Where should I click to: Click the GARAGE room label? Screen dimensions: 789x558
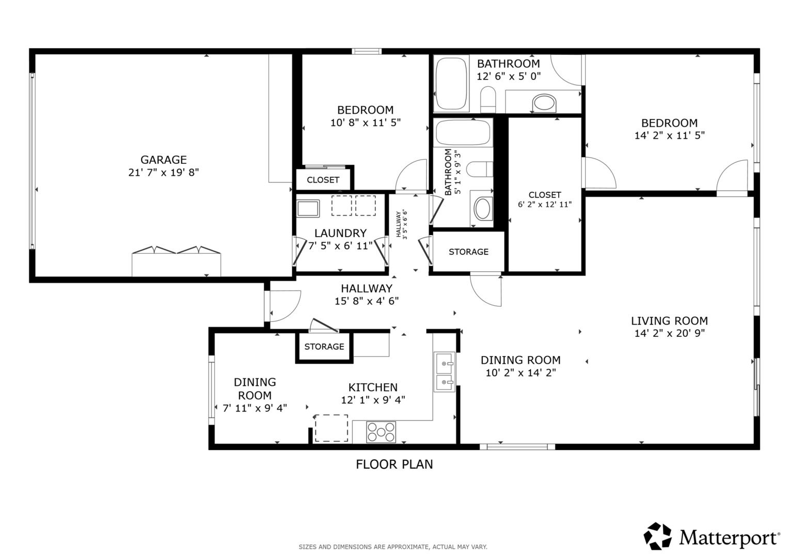(x=164, y=160)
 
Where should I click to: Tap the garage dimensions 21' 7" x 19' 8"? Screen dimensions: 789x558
(x=164, y=173)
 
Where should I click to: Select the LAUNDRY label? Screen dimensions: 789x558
(x=340, y=233)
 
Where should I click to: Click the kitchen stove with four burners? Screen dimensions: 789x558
(x=381, y=432)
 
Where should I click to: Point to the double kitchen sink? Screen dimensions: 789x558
(x=444, y=372)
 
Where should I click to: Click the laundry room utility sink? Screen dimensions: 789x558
(x=308, y=208)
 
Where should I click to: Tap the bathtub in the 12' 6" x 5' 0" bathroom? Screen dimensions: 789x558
(x=451, y=83)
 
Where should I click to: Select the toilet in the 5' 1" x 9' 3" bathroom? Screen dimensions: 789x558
(x=479, y=169)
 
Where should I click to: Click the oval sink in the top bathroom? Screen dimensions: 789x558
(x=545, y=103)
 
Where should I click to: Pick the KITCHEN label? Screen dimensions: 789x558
(x=373, y=388)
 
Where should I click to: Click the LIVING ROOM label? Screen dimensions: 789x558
(x=669, y=321)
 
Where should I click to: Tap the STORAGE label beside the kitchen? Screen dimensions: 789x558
(x=324, y=347)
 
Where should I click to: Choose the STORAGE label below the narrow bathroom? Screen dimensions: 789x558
(x=468, y=252)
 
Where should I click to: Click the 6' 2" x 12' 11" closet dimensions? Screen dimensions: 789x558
(x=545, y=205)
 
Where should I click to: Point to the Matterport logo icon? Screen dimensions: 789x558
(x=658, y=536)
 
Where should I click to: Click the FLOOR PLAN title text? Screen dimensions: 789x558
(x=394, y=464)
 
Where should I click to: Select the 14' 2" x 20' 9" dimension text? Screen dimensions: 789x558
(x=669, y=333)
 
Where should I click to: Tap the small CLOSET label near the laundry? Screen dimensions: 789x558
(x=323, y=180)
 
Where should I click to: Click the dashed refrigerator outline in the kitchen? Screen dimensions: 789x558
(x=331, y=428)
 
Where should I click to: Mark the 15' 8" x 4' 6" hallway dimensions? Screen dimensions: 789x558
(x=366, y=301)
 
